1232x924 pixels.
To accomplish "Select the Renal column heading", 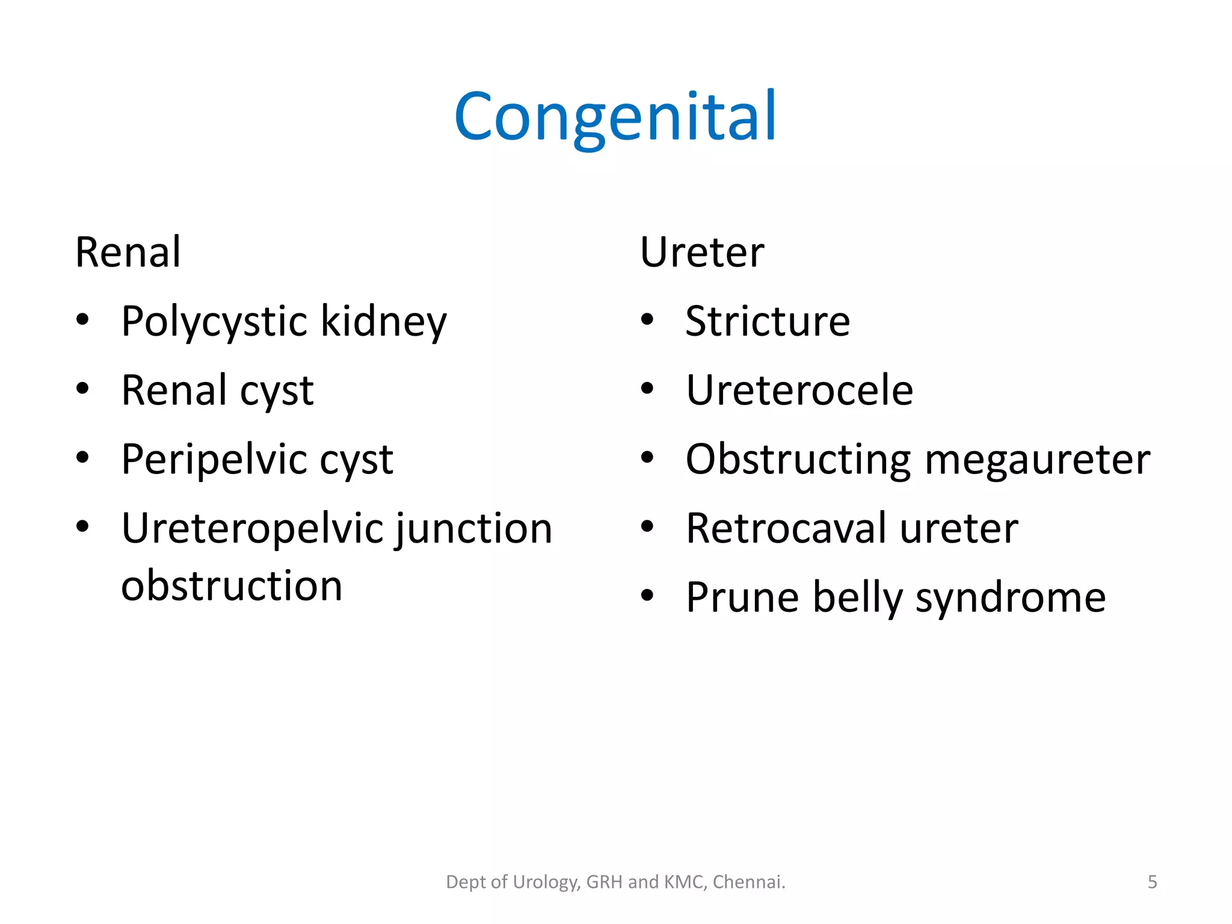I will point(128,252).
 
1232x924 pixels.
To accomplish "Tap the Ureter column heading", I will point(701,252).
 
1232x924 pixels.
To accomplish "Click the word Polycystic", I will point(215,322).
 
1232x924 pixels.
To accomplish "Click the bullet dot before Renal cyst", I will point(83,389).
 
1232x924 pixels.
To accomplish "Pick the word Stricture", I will point(768,321).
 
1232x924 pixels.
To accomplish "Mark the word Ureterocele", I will point(799,390).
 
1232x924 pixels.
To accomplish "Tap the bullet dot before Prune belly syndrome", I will point(647,596).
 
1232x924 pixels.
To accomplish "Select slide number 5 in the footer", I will point(1152,882).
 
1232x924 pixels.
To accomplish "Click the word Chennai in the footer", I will point(748,882).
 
